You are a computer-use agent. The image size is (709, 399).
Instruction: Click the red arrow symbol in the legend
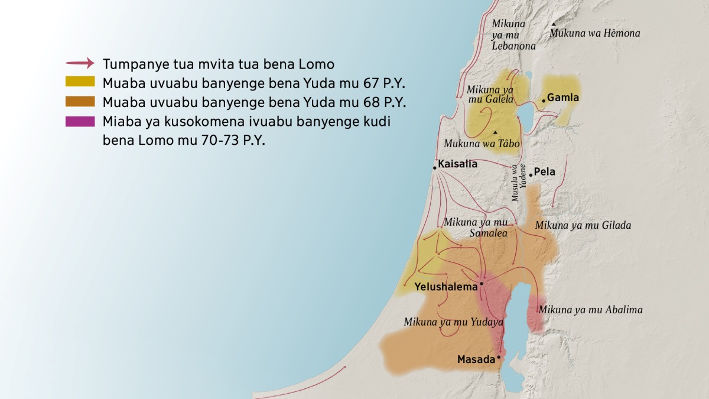(x=80, y=63)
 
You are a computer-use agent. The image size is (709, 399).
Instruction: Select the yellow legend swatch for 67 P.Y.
(x=80, y=82)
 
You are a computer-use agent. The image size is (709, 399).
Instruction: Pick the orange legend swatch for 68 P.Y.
(x=80, y=101)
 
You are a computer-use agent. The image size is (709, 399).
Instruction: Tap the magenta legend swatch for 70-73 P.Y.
(x=80, y=121)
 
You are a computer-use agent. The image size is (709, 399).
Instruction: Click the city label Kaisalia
(x=457, y=164)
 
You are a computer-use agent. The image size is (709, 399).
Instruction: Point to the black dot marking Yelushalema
(x=482, y=284)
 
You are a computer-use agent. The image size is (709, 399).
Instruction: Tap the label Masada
(x=476, y=359)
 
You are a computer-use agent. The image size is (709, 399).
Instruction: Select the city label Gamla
(x=563, y=98)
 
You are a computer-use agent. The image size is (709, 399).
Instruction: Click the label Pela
(x=544, y=173)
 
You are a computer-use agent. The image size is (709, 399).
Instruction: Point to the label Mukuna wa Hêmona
(x=594, y=34)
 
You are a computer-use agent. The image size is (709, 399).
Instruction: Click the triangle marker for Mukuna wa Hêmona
(x=554, y=24)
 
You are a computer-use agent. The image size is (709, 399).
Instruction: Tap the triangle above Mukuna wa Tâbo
(x=495, y=132)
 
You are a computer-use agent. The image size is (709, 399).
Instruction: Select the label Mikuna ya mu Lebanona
(x=513, y=34)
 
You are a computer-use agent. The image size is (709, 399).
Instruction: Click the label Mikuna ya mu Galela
(x=490, y=94)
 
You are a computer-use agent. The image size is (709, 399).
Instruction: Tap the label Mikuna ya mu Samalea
(x=476, y=228)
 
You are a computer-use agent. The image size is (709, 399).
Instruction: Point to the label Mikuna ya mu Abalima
(x=590, y=310)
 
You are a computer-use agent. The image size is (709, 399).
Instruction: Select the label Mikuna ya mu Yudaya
(x=453, y=322)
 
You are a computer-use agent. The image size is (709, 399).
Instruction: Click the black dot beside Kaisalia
(x=434, y=168)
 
